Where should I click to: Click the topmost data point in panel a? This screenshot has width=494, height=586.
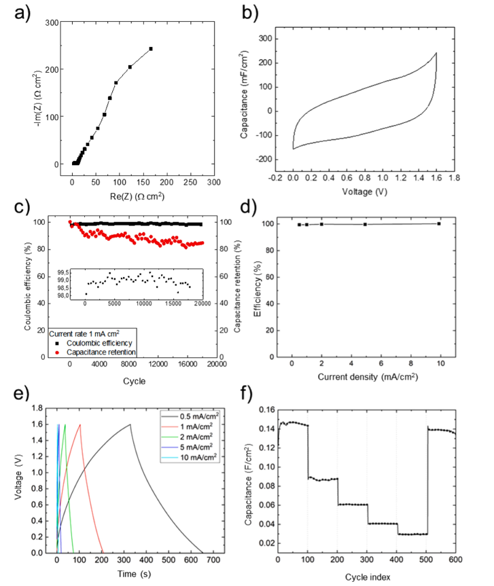151,49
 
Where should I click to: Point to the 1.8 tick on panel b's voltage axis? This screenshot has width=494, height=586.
455,177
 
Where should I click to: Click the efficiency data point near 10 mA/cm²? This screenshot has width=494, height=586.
439,223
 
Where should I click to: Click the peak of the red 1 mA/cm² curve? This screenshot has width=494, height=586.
80,425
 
